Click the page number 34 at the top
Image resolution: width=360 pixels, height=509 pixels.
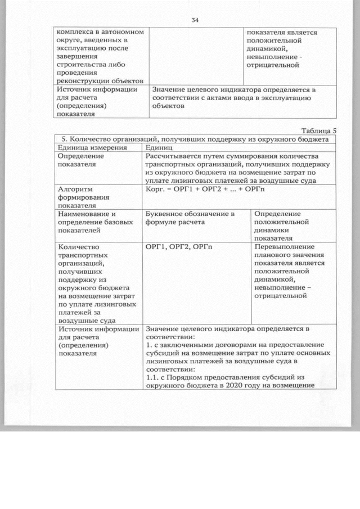[195, 20]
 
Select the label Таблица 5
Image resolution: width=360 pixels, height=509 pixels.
[317, 130]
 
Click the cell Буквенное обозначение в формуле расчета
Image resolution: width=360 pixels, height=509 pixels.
[189, 218]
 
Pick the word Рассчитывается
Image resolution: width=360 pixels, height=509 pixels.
[175, 156]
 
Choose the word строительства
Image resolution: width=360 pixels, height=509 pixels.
[82, 65]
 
